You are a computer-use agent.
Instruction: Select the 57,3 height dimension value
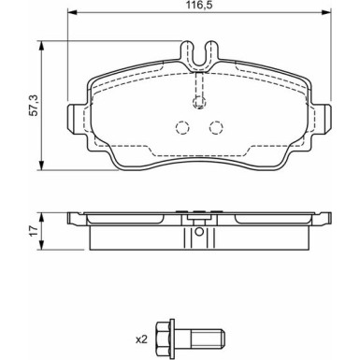[x=34, y=106]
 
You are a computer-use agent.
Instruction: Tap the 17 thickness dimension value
[x=34, y=231]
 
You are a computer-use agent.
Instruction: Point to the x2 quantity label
[x=141, y=339]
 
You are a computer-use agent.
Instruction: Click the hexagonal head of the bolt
[x=164, y=338]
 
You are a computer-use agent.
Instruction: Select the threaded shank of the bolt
[x=207, y=338]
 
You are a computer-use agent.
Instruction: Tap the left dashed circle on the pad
[x=182, y=127]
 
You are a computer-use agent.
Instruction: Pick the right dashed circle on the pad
[x=216, y=127]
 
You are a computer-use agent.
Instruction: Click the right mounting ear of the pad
[x=322, y=119]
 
